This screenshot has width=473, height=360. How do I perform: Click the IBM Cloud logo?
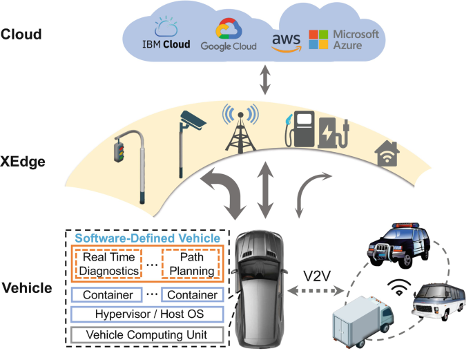click(x=166, y=36)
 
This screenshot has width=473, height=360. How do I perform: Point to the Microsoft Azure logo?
click(x=344, y=39)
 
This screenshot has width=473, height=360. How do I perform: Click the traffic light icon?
click(x=131, y=166)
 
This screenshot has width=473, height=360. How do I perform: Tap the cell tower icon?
click(x=240, y=127)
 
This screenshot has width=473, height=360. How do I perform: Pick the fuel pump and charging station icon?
click(x=314, y=130)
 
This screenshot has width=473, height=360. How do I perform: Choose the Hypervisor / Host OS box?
click(x=148, y=315)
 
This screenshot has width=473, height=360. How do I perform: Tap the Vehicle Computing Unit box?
click(x=148, y=335)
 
